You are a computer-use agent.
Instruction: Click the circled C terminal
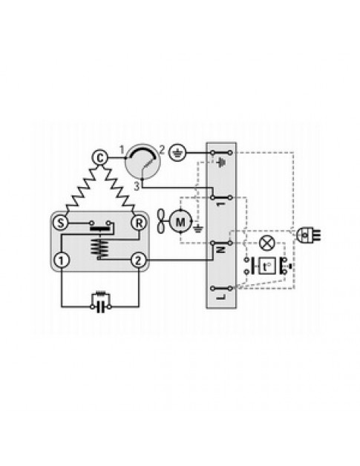[x=100, y=158]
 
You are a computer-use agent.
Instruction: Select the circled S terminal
[x=60, y=223]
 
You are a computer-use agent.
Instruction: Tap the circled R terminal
[x=139, y=223]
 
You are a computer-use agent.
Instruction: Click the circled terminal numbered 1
[x=62, y=260]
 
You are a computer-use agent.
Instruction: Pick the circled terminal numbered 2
[x=139, y=260]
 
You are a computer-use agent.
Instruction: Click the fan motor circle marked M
[x=180, y=221]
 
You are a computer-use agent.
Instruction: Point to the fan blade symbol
[x=161, y=221]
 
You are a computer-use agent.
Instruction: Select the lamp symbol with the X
[x=266, y=243]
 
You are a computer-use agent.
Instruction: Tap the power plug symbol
[x=307, y=235]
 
